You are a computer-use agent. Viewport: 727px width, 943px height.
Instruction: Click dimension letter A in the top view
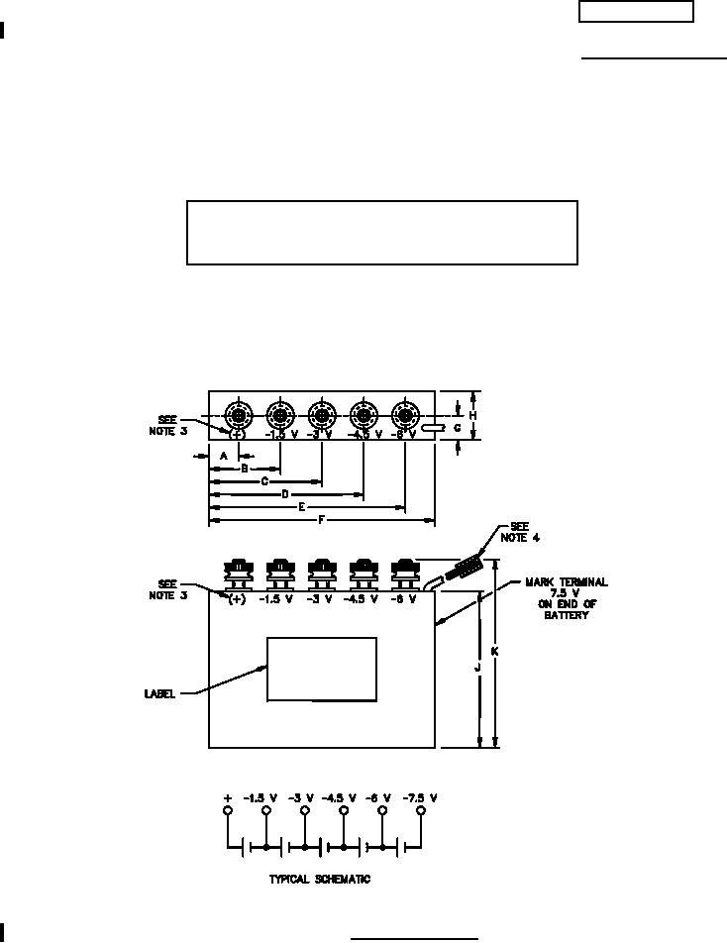coord(223,455)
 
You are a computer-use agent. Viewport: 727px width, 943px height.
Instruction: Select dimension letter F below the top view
coord(322,519)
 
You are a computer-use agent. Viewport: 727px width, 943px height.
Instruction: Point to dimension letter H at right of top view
coord(473,415)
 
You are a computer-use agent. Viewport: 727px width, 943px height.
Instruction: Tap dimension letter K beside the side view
coord(495,652)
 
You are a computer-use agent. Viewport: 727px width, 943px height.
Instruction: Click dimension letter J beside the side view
coord(478,669)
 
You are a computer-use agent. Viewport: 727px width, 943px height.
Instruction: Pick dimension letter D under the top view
coord(285,493)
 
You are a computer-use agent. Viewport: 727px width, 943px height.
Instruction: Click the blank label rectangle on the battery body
coord(322,670)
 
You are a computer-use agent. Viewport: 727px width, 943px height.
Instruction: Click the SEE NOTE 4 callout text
coord(515,532)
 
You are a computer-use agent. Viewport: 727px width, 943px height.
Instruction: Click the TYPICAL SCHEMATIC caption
coord(319,880)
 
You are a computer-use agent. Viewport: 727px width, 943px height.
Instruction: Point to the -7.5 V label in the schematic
coord(422,797)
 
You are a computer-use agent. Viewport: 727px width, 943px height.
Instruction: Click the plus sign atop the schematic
coord(228,797)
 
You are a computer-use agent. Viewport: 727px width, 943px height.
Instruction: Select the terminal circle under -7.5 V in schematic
coord(422,811)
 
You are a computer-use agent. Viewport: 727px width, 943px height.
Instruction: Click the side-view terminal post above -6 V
coord(403,572)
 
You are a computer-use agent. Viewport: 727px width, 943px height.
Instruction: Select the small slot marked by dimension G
coord(431,429)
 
